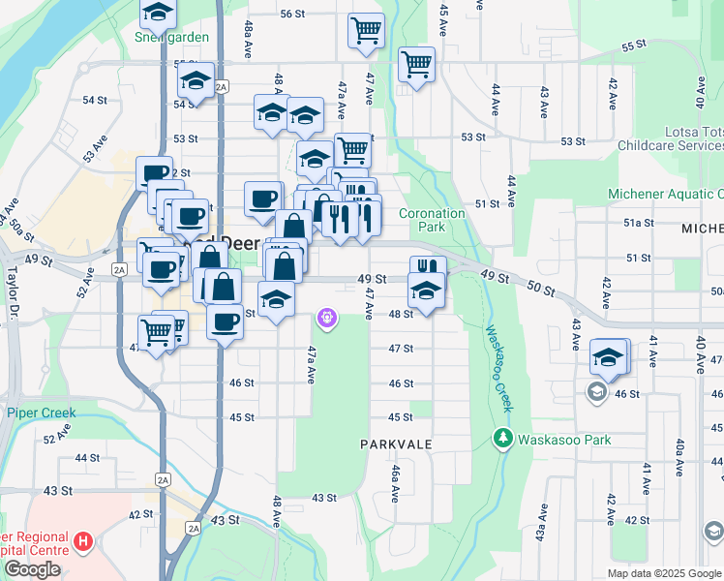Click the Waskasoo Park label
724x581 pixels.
(x=564, y=440)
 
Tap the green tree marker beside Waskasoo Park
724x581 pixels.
(x=502, y=439)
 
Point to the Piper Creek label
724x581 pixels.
(x=41, y=413)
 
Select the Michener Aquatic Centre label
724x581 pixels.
(x=665, y=194)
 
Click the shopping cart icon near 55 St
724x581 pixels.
(x=416, y=65)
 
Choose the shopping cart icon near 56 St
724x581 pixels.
(x=366, y=31)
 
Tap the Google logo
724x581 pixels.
(x=32, y=569)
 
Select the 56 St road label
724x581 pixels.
(x=292, y=14)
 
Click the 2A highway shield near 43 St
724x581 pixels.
(x=194, y=528)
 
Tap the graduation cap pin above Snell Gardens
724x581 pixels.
(x=157, y=14)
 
